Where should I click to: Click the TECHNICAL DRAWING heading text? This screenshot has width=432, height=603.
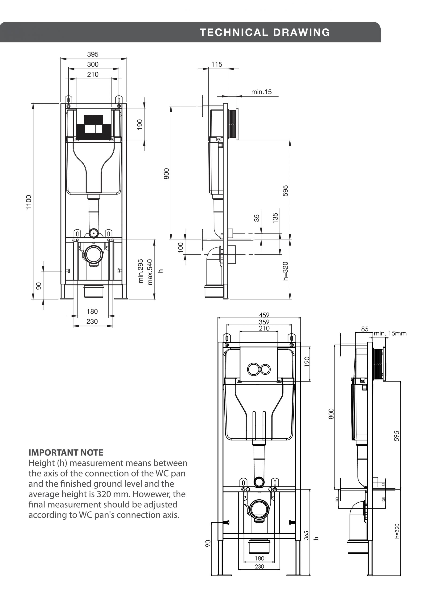265,33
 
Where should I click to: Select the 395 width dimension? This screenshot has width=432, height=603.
93,54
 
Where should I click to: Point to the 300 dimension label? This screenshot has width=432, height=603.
93,64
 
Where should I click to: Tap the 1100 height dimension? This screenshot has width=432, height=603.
29,202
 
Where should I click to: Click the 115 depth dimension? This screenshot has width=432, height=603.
217,64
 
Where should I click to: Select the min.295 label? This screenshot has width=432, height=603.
141,271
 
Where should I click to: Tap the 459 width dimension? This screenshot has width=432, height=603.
264,315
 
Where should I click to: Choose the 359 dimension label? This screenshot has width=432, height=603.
264,322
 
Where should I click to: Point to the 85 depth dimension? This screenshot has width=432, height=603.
365,329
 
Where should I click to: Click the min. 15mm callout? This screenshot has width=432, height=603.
390,333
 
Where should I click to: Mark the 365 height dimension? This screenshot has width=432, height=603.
306,535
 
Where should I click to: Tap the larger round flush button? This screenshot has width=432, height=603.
253,369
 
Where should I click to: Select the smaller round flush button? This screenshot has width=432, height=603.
265,369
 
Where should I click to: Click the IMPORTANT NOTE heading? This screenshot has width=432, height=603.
66,452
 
